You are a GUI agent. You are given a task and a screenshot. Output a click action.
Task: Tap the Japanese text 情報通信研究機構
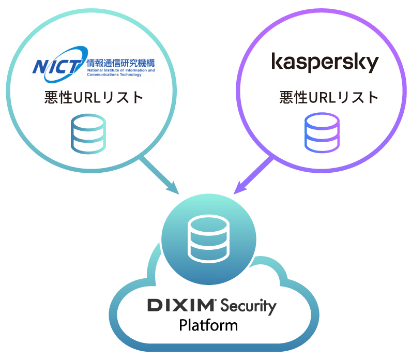pos(121,63)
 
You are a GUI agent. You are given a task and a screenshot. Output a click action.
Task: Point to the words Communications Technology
pos(114,74)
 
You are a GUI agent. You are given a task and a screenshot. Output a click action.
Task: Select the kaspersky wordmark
pos(325,63)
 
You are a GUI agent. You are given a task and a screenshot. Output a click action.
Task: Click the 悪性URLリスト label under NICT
pos(94,98)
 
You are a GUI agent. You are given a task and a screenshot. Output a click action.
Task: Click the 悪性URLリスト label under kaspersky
pos(329,98)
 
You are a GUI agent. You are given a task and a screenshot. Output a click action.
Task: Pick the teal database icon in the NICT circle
pos(88,134)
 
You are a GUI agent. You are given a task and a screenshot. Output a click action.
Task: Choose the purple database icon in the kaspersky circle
pos(322,133)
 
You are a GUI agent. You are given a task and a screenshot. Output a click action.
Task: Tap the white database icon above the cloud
pos(209,239)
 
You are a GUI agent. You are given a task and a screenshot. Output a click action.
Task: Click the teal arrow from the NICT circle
pos(159,175)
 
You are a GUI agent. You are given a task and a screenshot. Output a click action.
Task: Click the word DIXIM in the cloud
pos(181,305)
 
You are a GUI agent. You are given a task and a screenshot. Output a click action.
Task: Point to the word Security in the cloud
pos(248,307)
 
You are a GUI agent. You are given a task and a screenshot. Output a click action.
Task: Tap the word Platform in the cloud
pos(208,325)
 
